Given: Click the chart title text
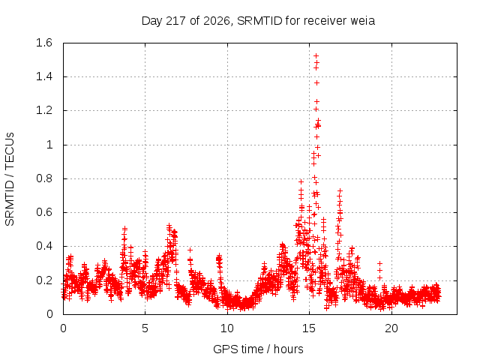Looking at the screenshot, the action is click(x=258, y=21).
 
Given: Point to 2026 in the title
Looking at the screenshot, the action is click(x=217, y=21).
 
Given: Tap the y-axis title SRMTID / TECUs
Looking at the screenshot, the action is click(x=10, y=179).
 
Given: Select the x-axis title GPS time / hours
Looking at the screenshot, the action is click(x=258, y=349).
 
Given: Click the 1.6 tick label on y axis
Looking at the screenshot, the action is click(x=44, y=43).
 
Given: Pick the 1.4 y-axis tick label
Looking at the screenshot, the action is click(x=44, y=76).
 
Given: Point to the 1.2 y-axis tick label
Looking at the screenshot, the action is click(x=44, y=110).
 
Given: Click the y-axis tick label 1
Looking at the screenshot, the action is click(x=49, y=145).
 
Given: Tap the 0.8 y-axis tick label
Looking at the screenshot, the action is click(x=44, y=178).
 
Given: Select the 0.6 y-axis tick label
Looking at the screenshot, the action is click(x=44, y=212).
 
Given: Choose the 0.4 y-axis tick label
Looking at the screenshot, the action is click(x=44, y=246).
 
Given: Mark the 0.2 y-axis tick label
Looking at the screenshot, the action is click(x=44, y=280).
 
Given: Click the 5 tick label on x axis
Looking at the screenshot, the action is click(x=145, y=328).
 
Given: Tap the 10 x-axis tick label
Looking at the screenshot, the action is click(x=227, y=328).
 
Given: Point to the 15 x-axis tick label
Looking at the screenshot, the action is click(x=309, y=328).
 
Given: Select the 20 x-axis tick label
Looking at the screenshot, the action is click(x=391, y=328).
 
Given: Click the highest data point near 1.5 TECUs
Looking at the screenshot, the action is click(x=316, y=55).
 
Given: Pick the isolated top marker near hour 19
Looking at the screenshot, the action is click(x=379, y=263).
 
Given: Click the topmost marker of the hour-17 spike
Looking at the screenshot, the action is click(x=340, y=190).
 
